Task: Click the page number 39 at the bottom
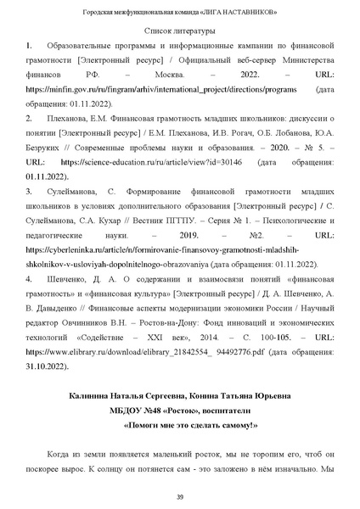click(180, 496)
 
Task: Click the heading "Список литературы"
click(180, 31)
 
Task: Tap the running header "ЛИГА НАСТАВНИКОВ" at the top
click(246, 11)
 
